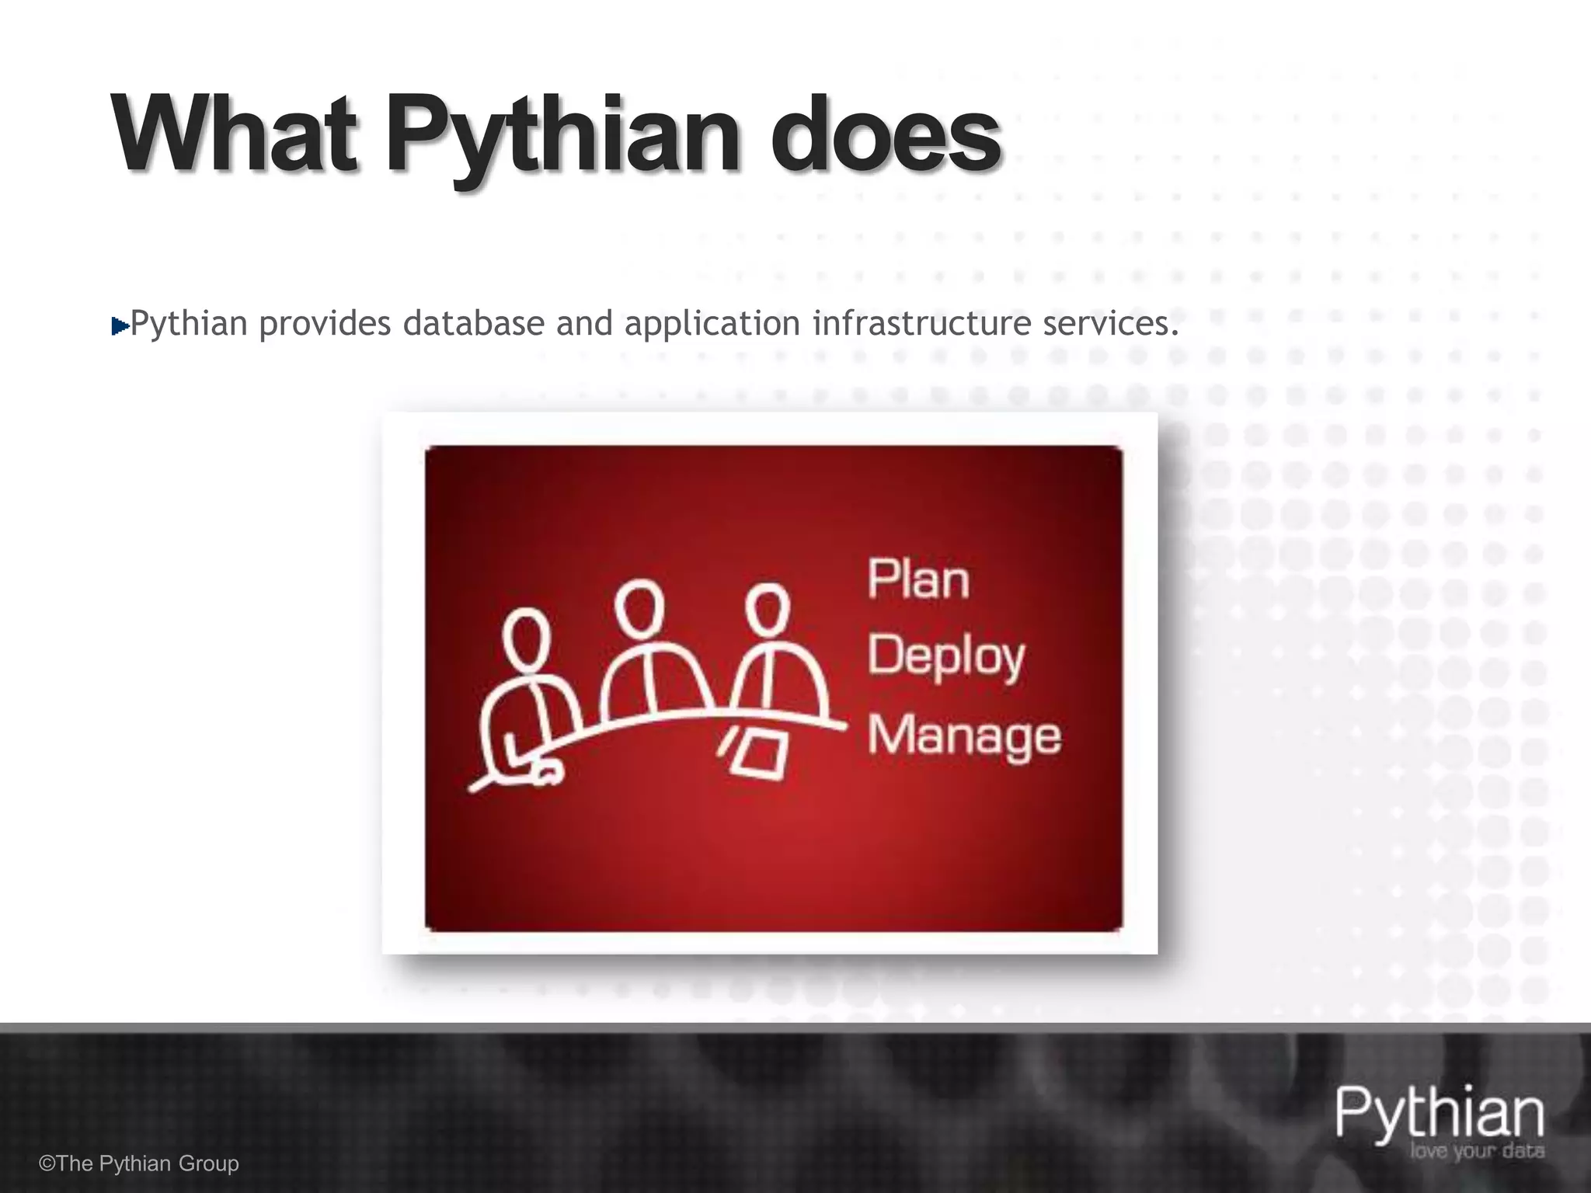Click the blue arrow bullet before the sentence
coord(120,326)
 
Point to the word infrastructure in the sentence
coord(921,323)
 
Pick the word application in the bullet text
coord(712,323)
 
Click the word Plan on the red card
coord(918,579)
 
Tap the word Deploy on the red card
coord(945,657)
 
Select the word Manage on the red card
coord(964,735)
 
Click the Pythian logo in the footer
coord(1439,1115)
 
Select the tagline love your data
coord(1476,1152)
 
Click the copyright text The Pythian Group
coord(140,1163)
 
